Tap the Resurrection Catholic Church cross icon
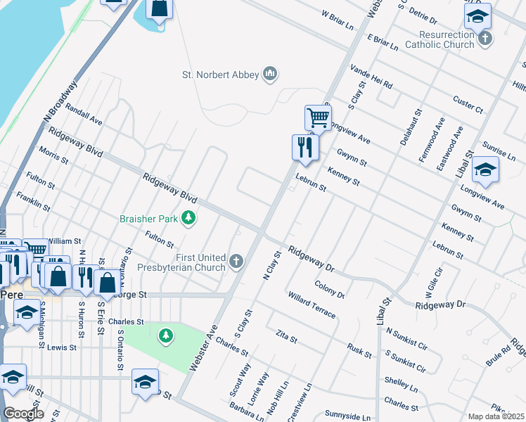(x=485, y=38)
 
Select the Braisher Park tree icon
(x=188, y=219)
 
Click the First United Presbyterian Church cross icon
(x=237, y=262)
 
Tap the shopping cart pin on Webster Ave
(x=319, y=117)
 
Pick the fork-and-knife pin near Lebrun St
(x=305, y=147)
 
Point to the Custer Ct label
(x=468, y=105)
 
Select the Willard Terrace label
(x=312, y=305)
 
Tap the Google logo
(x=23, y=414)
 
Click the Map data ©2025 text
(x=496, y=416)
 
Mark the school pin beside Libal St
(x=485, y=170)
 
